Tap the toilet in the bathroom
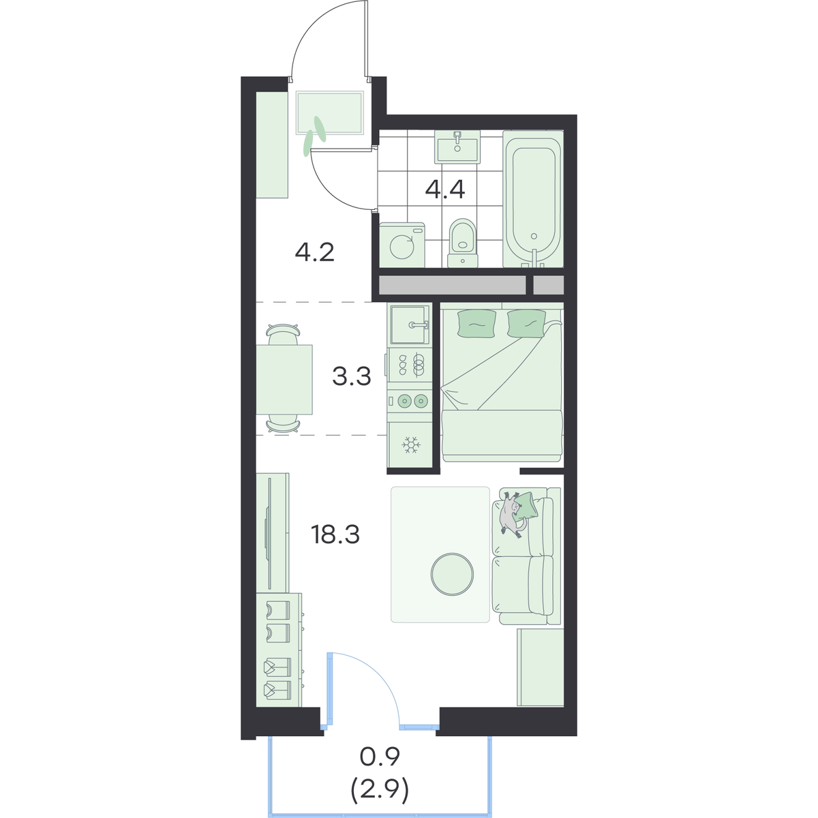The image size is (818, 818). (463, 243)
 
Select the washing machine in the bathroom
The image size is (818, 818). (402, 245)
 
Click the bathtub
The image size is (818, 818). (533, 199)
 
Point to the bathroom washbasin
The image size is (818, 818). (457, 147)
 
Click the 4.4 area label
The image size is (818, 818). (445, 190)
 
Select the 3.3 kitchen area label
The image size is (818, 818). (352, 376)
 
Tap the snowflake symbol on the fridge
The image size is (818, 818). (411, 445)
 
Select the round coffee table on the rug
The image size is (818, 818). (452, 574)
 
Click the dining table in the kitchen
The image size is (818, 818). (284, 380)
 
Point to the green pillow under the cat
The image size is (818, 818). (526, 504)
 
